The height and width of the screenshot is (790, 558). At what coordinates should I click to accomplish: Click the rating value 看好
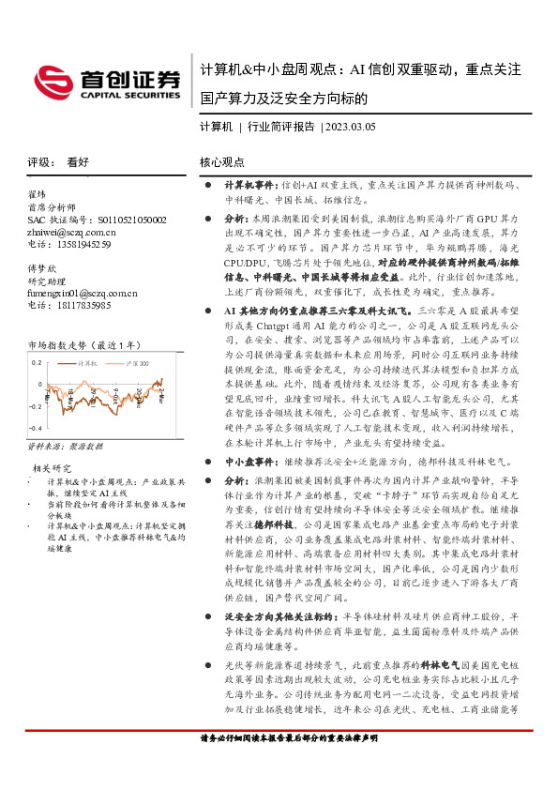pos(77,161)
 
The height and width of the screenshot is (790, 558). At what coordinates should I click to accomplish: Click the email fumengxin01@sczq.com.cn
pos(83,293)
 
